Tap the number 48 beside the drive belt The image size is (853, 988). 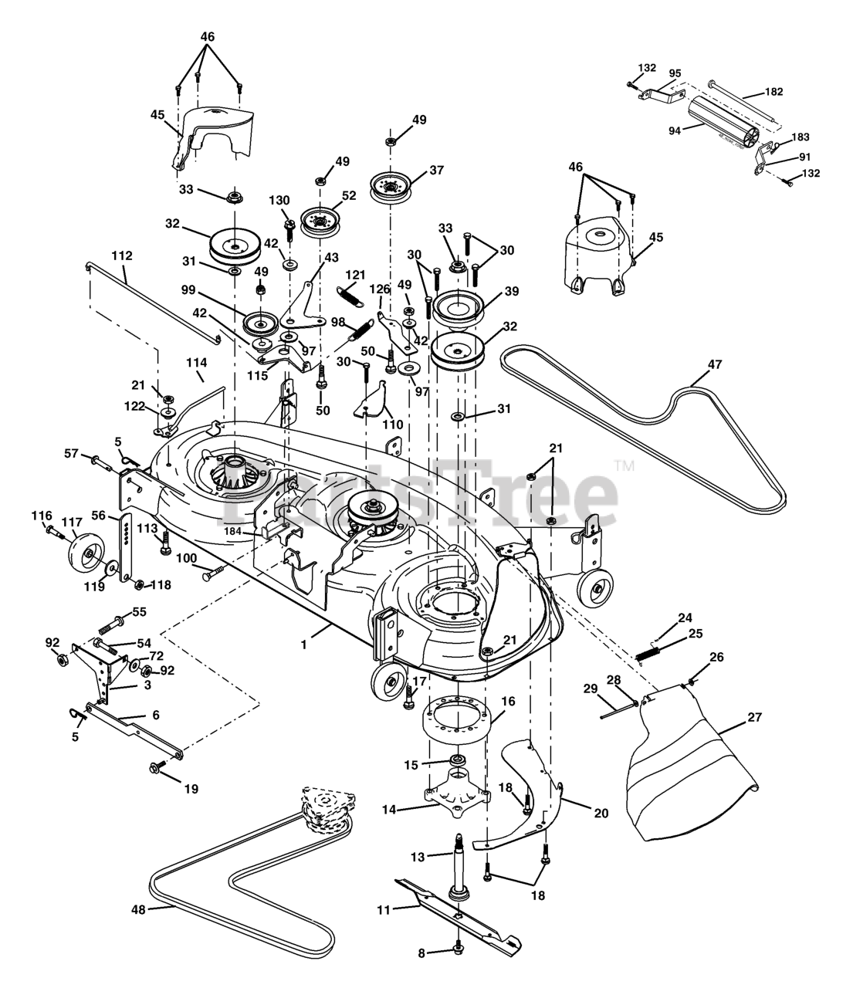(x=138, y=909)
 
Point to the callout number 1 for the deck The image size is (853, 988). (x=303, y=645)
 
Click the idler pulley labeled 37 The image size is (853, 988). (x=391, y=188)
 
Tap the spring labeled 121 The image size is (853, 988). (x=351, y=296)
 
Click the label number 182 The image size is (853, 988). (x=774, y=91)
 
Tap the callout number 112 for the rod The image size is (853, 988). (x=122, y=255)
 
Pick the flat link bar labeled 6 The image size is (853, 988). (x=134, y=731)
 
